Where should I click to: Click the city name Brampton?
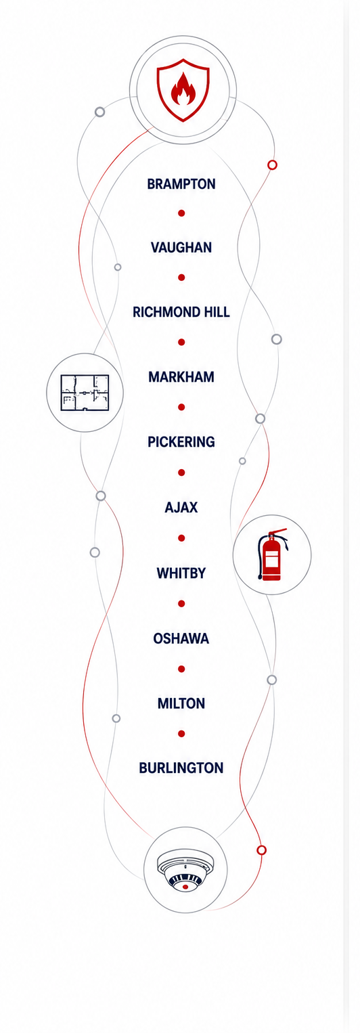point(181,184)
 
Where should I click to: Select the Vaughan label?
point(181,248)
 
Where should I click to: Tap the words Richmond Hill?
point(181,312)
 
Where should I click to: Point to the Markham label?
point(181,377)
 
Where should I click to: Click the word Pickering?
point(181,442)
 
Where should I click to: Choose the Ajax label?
point(181,508)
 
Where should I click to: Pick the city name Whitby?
point(181,573)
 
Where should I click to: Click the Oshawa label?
point(181,639)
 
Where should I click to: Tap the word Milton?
point(181,704)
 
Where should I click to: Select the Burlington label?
point(181,768)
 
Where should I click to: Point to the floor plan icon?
point(85,393)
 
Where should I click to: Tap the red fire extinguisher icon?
point(272,554)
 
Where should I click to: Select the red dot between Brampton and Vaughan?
point(181,213)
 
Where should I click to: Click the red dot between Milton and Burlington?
point(181,734)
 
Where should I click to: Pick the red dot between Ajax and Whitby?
point(181,538)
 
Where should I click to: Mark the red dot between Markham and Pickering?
point(181,408)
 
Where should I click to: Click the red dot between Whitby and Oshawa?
point(181,604)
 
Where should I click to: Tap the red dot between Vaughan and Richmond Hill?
point(181,278)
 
